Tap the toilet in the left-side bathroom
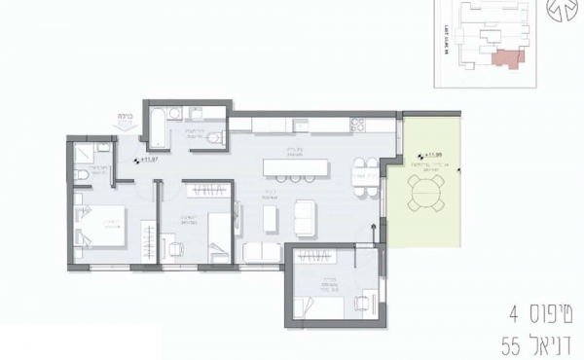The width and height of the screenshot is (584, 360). [78, 174]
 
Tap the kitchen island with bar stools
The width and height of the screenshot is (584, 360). [294, 164]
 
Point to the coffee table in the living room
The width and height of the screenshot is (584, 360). [305, 217]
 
